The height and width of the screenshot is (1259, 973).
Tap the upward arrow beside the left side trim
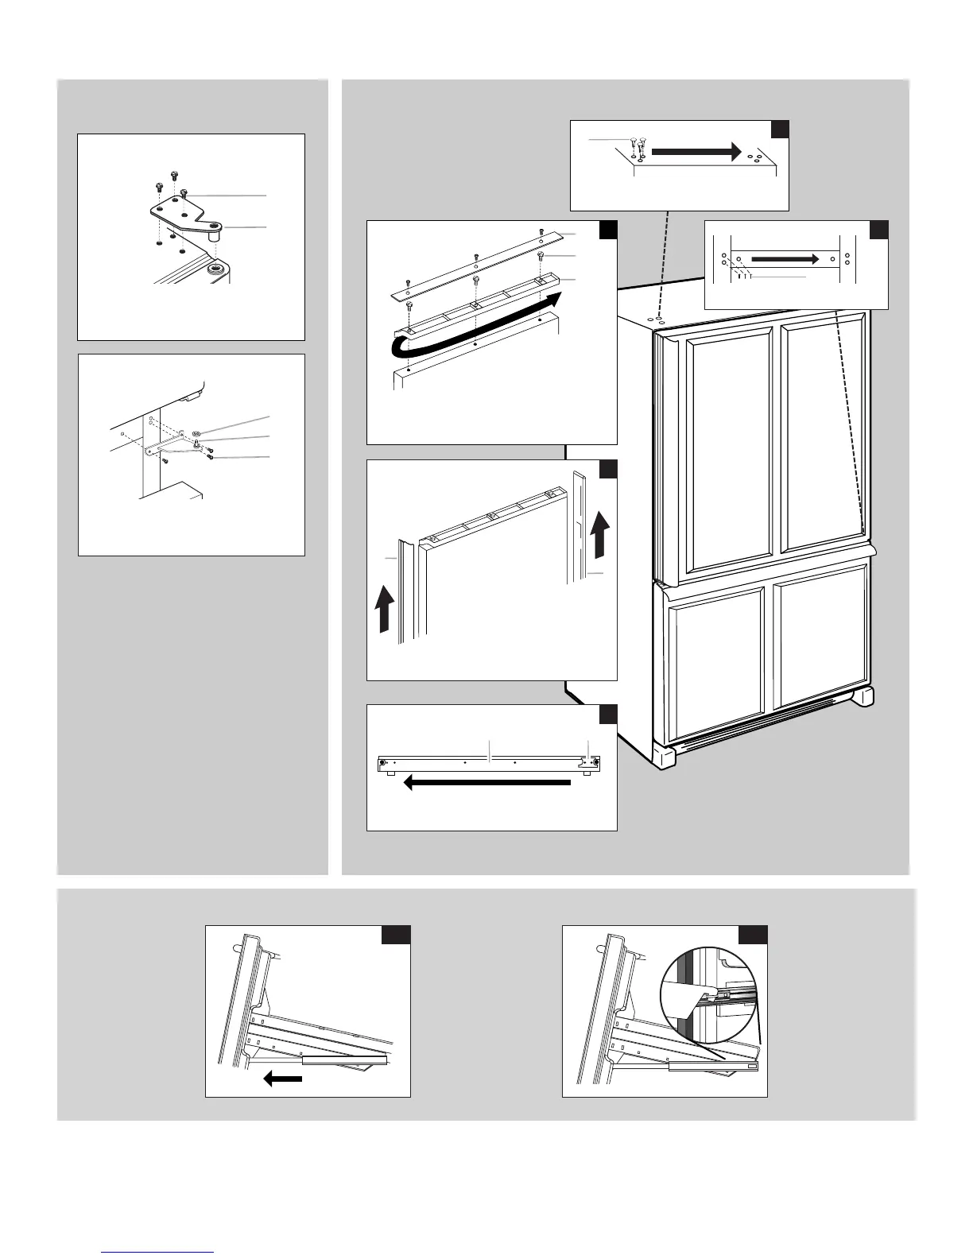click(384, 607)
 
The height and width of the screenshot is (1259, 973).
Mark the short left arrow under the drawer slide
click(282, 1079)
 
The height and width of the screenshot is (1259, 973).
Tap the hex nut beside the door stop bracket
click(196, 433)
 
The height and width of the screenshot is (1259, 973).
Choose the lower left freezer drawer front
click(715, 648)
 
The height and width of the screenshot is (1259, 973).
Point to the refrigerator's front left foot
click(665, 754)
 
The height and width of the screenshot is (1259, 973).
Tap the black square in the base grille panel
click(608, 714)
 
